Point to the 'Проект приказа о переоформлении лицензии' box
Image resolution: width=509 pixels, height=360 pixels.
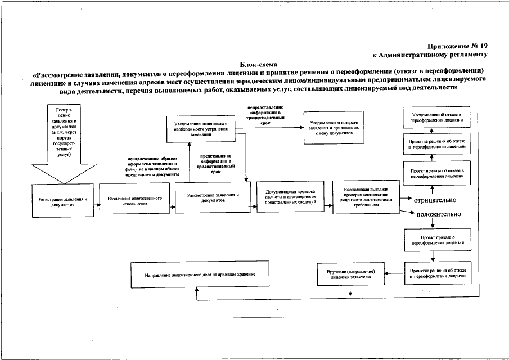(433, 241)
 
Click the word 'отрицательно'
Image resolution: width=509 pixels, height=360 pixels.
(435, 200)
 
